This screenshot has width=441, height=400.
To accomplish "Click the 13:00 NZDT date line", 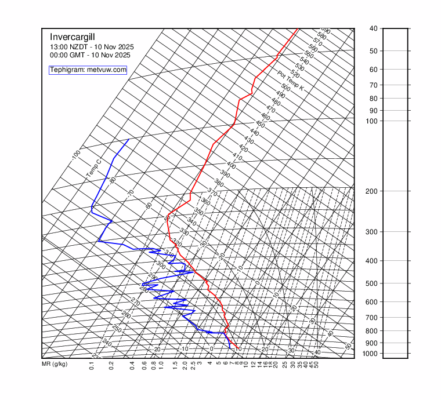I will [89, 47].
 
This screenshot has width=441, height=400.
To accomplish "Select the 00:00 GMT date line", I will [90, 55].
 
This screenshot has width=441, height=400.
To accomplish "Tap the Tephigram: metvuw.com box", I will [88, 70].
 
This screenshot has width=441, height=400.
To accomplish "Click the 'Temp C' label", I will [93, 169].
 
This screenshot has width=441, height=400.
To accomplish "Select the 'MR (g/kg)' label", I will [55, 365].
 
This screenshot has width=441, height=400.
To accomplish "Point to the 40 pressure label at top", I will [373, 28].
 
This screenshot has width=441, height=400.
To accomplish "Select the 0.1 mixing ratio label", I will [92, 365].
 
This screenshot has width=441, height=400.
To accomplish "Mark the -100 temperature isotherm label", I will [75, 155].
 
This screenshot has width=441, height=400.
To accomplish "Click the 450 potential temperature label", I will [260, 125].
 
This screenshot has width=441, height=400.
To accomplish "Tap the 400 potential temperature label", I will [231, 165].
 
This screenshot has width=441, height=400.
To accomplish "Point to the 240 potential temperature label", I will [106, 343].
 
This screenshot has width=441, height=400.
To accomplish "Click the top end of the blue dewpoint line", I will [129, 139].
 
